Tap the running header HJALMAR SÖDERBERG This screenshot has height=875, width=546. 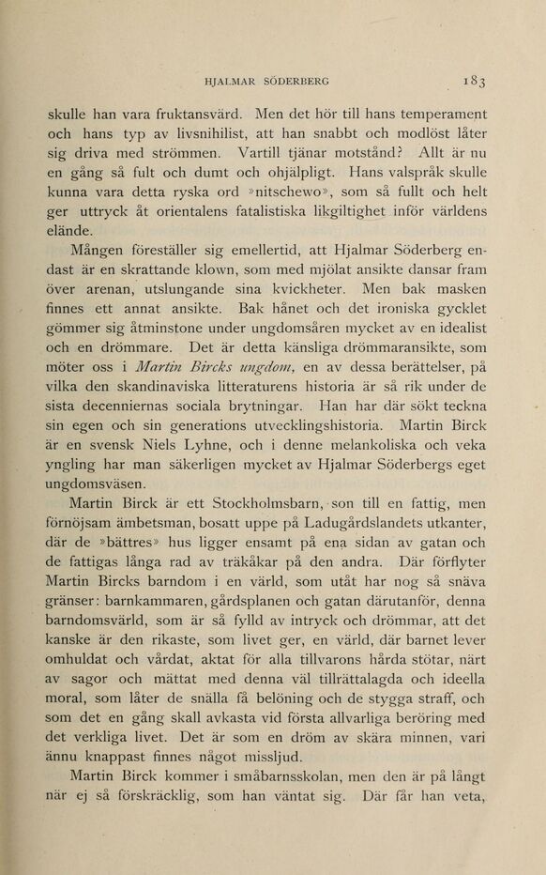click(273, 81)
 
